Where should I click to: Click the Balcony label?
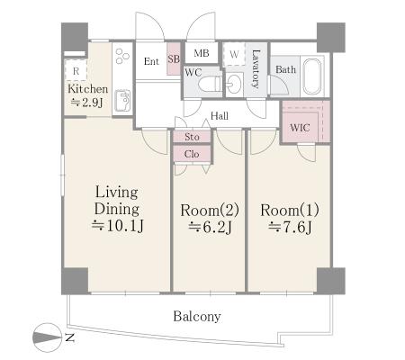[197, 316]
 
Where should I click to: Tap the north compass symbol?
[47, 337]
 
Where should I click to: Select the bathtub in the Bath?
[312, 76]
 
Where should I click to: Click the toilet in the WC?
[211, 84]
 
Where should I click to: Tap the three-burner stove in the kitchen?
[122, 56]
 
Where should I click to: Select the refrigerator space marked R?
[76, 70]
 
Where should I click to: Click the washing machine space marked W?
[234, 54]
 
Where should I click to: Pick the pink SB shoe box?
[174, 59]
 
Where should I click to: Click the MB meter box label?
[202, 53]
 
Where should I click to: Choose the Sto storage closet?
[192, 137]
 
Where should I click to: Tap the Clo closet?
[192, 154]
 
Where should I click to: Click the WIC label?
[300, 128]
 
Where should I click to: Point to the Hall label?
[220, 116]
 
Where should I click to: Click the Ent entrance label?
[151, 61]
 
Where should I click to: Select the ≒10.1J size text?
[118, 226]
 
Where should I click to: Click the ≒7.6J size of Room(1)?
[290, 227]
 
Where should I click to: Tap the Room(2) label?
[210, 210]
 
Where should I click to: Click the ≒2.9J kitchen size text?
[87, 103]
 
